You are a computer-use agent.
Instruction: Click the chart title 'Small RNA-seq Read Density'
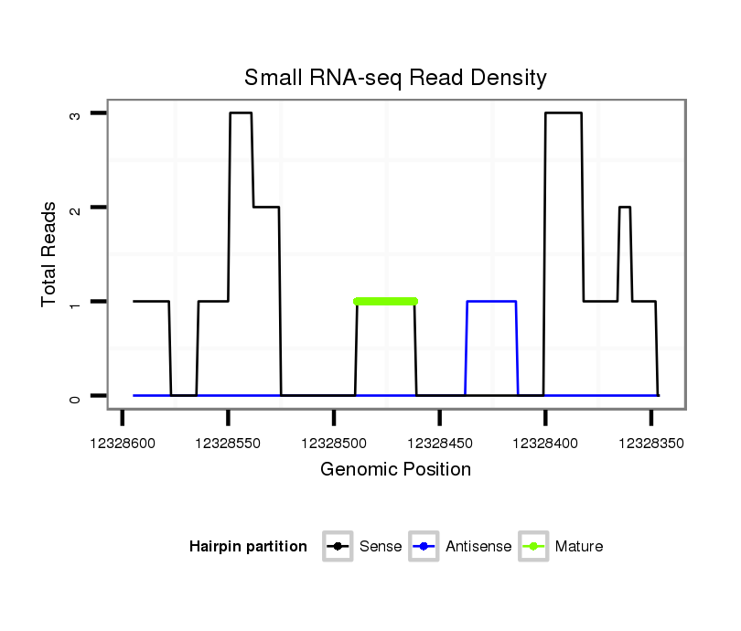click(395, 78)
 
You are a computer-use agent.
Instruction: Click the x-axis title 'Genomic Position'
click(395, 470)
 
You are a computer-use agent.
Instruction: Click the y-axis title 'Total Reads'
click(48, 254)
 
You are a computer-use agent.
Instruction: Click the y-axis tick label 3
click(76, 113)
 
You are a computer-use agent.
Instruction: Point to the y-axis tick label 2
click(76, 208)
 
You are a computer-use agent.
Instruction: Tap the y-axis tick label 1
click(76, 302)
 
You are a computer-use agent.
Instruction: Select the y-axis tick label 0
click(76, 396)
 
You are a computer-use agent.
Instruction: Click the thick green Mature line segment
click(385, 301)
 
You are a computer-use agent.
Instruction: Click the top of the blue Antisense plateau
click(491, 301)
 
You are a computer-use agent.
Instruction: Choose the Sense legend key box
click(338, 547)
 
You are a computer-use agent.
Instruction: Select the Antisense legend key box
click(424, 547)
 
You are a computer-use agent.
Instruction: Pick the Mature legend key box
click(533, 547)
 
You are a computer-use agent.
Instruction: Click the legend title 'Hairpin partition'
click(248, 547)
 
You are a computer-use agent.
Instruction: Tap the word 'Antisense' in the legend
click(478, 547)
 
